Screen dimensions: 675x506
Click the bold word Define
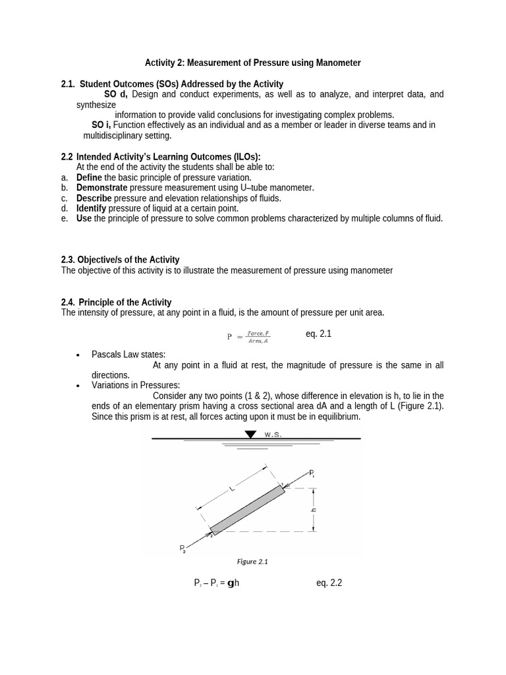click(90, 177)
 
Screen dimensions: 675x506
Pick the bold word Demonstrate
click(102, 188)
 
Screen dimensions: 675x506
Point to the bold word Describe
click(94, 198)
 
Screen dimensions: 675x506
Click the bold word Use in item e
click(84, 218)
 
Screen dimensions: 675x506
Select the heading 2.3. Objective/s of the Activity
click(120, 260)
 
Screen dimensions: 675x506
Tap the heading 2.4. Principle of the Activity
click(116, 302)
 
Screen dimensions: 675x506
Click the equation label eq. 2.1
click(318, 334)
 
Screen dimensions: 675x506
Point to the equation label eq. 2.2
click(329, 583)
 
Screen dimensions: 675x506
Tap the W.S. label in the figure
click(273, 435)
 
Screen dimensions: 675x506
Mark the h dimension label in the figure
click(314, 510)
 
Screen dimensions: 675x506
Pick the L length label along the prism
click(231, 488)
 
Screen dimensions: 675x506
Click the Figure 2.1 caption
click(252, 562)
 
